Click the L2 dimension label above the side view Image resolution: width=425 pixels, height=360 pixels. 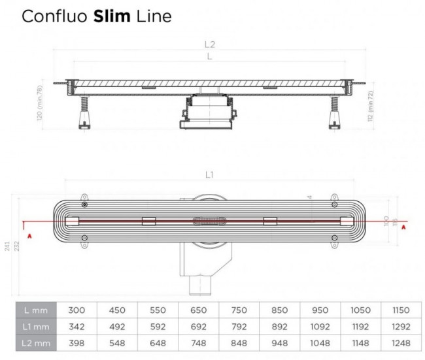pos(209,45)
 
